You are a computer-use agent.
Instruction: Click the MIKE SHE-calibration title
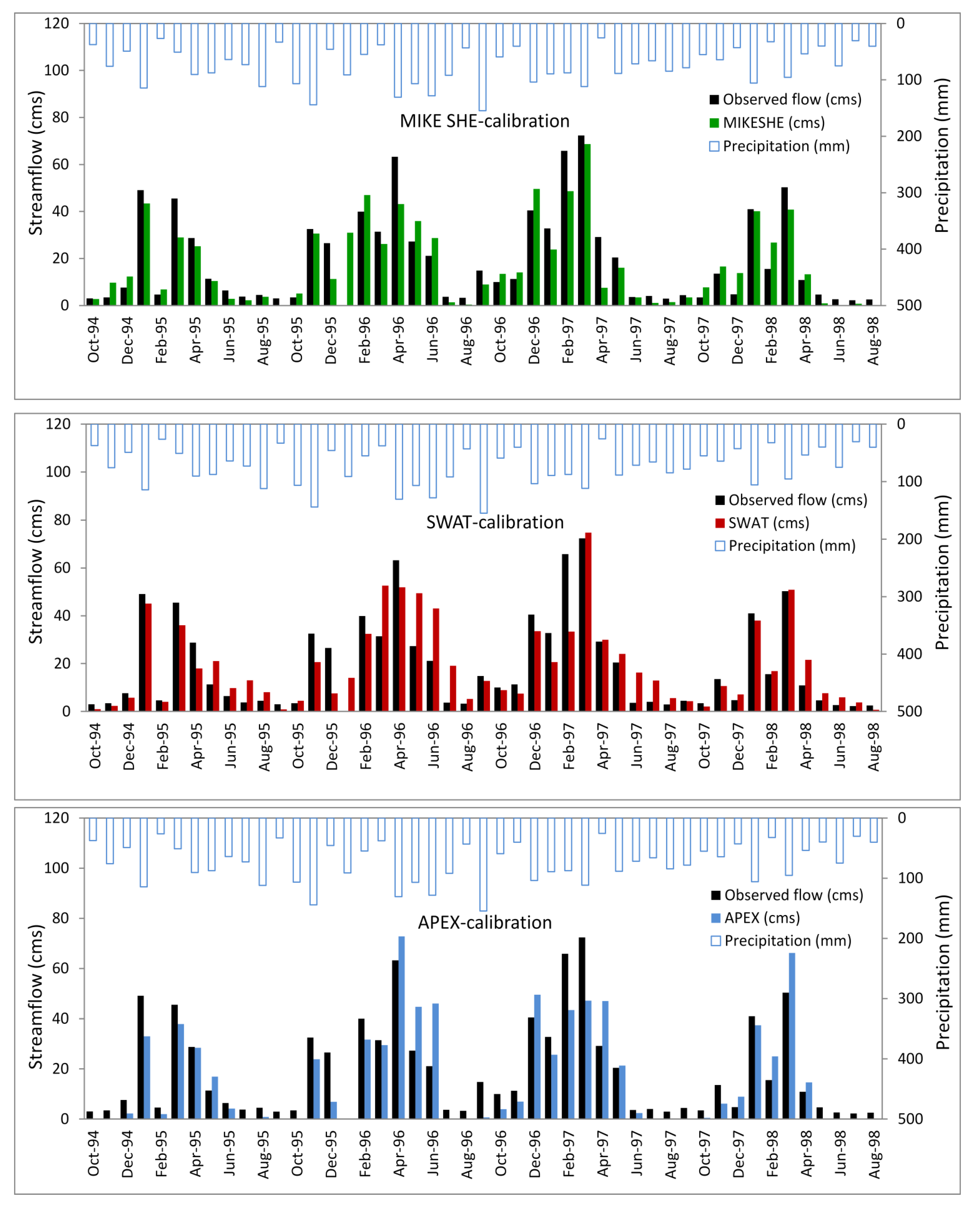point(484,121)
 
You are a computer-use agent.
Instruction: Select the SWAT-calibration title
point(495,522)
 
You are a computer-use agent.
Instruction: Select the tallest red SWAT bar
point(588,622)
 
